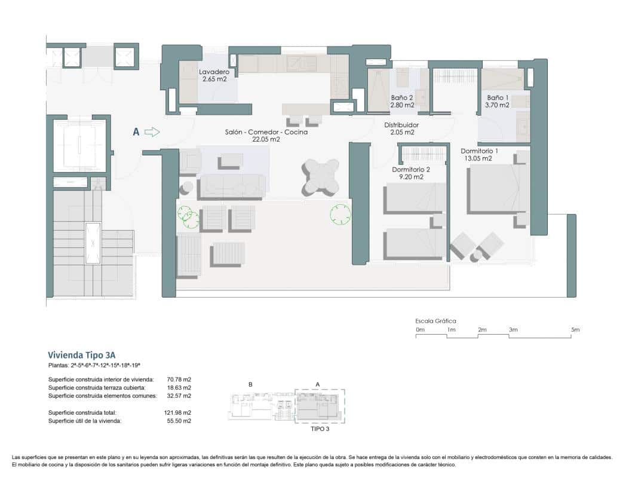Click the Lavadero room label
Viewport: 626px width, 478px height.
214,75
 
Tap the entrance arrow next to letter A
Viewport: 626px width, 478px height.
153,132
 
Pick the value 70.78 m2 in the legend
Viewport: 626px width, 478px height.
179,379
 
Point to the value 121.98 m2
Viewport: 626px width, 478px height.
178,413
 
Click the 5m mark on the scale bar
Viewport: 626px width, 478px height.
575,330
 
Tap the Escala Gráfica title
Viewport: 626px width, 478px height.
436,321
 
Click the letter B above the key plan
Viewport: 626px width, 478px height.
250,384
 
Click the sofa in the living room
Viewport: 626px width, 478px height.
232,186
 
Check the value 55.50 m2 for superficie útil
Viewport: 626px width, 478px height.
179,421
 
